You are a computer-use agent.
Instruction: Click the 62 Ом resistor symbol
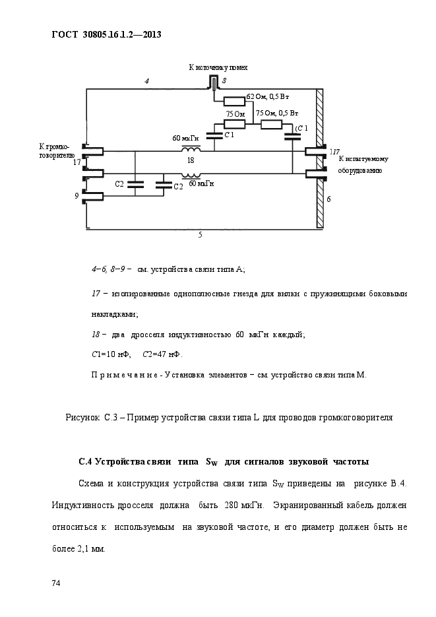[x=234, y=102]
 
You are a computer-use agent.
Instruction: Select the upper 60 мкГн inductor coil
[x=191, y=148]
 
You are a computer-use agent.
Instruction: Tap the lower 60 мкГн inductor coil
[x=191, y=176]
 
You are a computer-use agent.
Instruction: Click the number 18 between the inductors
[x=191, y=160]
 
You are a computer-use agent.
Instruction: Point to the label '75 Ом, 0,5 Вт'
[x=277, y=114]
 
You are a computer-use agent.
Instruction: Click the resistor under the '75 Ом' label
[x=235, y=124]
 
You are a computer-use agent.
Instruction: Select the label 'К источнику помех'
[x=218, y=68]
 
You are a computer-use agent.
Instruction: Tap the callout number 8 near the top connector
[x=224, y=81]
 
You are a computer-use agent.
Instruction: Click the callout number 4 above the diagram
[x=146, y=81]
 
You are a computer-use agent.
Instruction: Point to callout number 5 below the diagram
[x=200, y=236]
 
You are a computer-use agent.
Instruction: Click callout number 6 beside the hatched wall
[x=328, y=199]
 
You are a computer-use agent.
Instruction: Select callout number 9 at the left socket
[x=77, y=195]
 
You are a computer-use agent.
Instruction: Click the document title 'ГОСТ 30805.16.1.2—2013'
[x=107, y=34]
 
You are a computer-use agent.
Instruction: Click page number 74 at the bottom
[x=56, y=583]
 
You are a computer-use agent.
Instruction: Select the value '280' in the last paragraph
[x=231, y=505]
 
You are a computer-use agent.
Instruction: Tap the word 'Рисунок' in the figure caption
[x=82, y=418]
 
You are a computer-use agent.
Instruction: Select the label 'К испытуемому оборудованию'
[x=363, y=165]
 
